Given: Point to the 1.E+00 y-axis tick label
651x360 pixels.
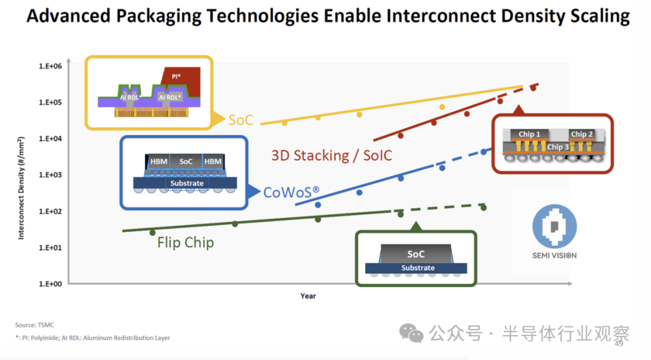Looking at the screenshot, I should (51, 284).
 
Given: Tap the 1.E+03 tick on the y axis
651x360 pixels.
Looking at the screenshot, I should (51, 175).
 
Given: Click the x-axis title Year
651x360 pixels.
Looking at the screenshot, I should (308, 296).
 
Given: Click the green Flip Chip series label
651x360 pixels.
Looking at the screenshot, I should (186, 243).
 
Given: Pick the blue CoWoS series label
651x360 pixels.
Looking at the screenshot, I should (291, 192).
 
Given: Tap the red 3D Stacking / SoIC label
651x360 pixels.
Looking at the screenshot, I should (332, 156).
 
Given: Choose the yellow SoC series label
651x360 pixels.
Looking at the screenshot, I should (241, 120).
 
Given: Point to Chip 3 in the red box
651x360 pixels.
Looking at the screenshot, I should (558, 147).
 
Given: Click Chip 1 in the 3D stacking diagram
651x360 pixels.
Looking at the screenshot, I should (529, 134).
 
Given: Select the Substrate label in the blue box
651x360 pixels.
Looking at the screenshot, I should (187, 183).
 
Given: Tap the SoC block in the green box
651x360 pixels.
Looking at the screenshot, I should (416, 254).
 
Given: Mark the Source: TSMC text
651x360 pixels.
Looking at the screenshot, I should (34, 325).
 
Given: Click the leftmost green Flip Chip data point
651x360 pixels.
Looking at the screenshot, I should (153, 232).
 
